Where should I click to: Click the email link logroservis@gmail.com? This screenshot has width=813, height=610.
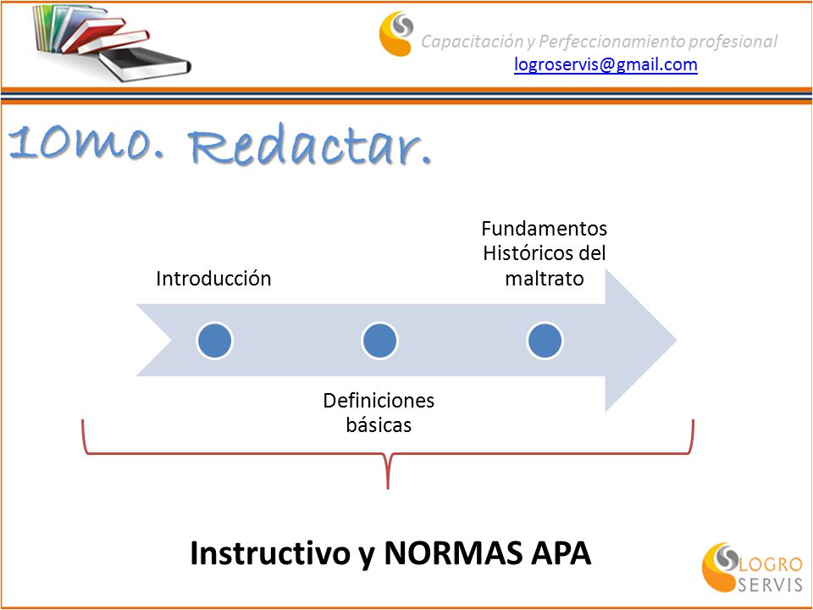[606, 65]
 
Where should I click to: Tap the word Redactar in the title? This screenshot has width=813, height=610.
[310, 144]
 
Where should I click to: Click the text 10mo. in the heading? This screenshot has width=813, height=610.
[86, 143]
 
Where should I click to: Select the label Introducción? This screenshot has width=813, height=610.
[213, 279]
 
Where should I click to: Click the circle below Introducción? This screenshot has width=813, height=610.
[214, 341]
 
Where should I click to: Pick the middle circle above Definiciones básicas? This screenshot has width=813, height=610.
[379, 341]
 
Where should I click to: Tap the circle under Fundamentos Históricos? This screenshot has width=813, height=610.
[545, 341]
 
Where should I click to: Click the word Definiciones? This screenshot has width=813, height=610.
[379, 401]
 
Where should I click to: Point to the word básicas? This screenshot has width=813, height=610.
[379, 425]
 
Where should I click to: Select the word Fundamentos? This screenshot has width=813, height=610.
[545, 228]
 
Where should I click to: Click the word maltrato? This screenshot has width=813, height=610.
[545, 279]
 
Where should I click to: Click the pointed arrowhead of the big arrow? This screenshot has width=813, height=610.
[676, 341]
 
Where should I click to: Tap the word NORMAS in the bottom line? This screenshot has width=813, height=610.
[453, 553]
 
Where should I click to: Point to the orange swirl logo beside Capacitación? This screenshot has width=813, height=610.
[396, 33]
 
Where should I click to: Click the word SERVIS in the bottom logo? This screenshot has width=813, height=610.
[770, 585]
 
